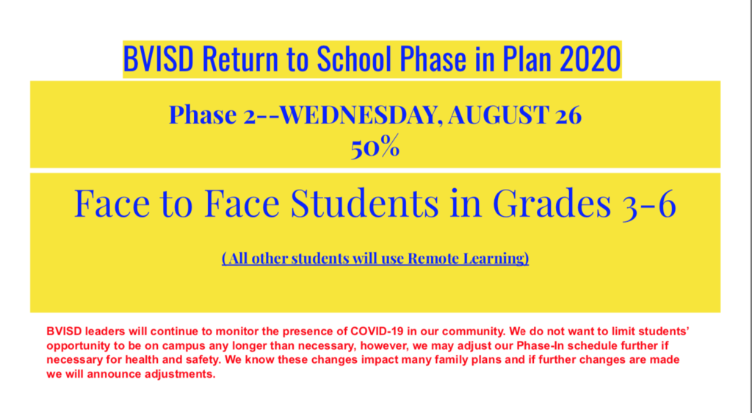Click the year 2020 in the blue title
pyautogui.click(x=590, y=59)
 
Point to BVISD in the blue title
pyautogui.click(x=159, y=59)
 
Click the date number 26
pyautogui.click(x=568, y=115)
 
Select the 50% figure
pyautogui.click(x=375, y=148)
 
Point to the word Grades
pyautogui.click(x=552, y=204)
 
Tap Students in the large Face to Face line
pyautogui.click(x=364, y=204)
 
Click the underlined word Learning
pyautogui.click(x=493, y=259)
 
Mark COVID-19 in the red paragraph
pyautogui.click(x=380, y=331)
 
